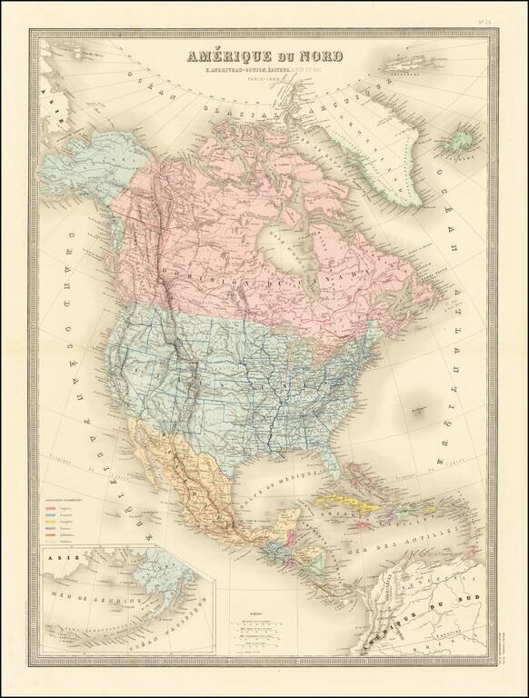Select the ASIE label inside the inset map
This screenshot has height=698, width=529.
54,573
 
